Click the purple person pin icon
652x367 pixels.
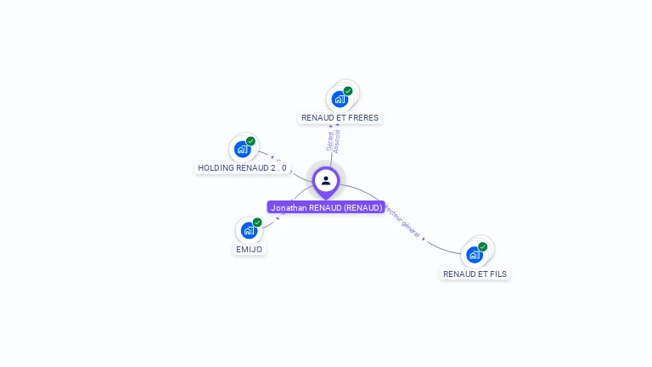[x=326, y=180]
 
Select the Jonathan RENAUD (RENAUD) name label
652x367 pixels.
[x=326, y=207]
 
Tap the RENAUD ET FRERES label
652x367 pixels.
[x=340, y=118]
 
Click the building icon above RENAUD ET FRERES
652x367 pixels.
[x=340, y=99]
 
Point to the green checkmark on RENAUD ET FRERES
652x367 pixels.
[x=348, y=91]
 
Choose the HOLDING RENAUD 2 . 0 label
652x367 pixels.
[x=242, y=168]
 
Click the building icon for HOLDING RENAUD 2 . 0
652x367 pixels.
[x=242, y=150]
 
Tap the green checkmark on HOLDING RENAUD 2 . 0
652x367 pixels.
[x=250, y=141]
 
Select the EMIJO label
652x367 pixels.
[x=249, y=250]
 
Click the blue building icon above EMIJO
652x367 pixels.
[x=248, y=230]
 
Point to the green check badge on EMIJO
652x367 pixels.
[x=257, y=223]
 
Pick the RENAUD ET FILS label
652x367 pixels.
[x=475, y=274]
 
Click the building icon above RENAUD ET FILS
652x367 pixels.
[x=474, y=254]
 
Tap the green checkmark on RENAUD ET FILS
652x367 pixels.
[x=482, y=246]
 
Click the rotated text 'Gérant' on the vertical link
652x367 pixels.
[x=330, y=141]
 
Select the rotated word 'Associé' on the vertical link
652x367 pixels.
[x=338, y=140]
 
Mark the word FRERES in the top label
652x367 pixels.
[x=363, y=118]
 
